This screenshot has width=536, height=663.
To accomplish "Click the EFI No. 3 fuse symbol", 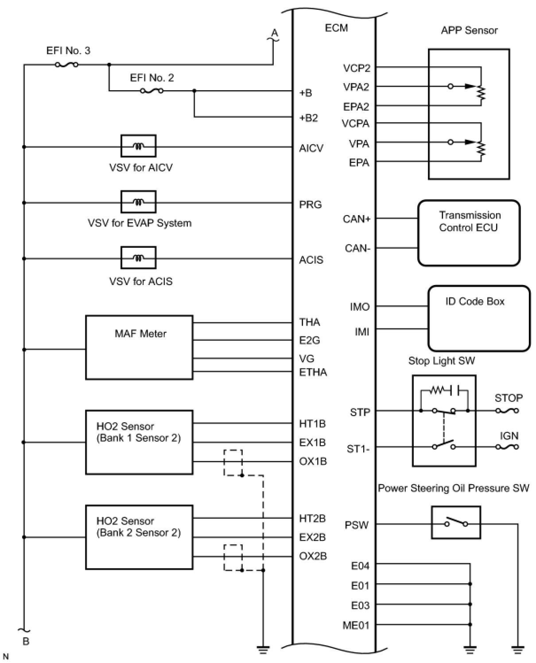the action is coord(66,65).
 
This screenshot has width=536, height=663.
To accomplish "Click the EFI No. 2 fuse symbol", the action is coord(151,91).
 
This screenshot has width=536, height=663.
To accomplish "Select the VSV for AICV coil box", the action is coord(138,146).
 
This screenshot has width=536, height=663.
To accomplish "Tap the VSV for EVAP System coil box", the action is coord(138,202).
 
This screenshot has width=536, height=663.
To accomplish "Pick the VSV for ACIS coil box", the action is coord(138,258).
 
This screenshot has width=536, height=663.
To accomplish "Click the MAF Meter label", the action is coord(140,334).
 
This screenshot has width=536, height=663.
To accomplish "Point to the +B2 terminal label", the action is coord(308,118).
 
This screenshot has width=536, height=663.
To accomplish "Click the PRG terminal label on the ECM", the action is coord(310,204).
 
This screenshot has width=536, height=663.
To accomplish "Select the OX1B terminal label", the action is coord(313,461).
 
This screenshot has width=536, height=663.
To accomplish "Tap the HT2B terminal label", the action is coord(312,518).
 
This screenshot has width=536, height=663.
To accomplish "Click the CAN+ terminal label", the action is coord(357,219).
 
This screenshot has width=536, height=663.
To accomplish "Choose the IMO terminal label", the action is coord(360,307).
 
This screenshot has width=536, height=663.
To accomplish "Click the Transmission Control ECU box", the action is coord(469,233).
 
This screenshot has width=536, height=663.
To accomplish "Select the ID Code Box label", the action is coord(474,301).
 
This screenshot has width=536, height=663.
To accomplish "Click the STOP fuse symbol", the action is coord(507,411).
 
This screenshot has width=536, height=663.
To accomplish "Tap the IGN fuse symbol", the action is coord(507,447).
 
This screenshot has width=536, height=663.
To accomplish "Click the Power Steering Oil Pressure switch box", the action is coord(456,523).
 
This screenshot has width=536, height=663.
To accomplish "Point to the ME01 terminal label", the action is coord(356,625).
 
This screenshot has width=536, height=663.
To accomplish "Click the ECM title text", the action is coord(336,28).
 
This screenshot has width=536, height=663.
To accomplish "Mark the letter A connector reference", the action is coord(274,33).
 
